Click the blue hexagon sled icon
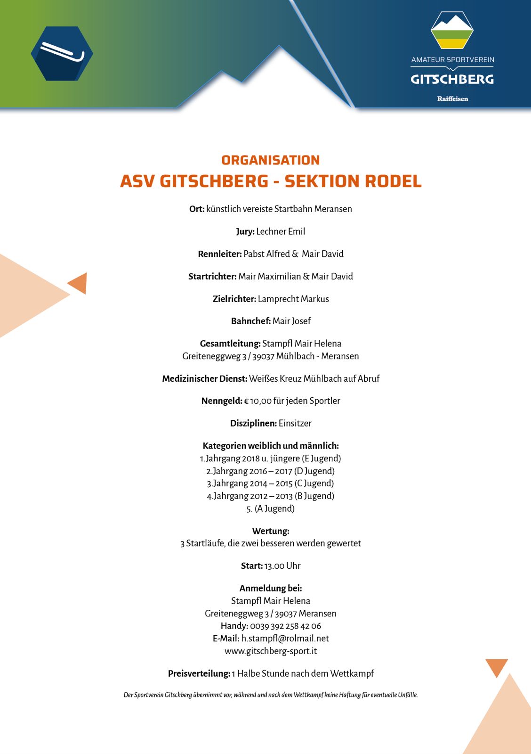point(62,53)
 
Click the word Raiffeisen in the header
point(452,98)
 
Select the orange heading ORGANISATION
point(271,160)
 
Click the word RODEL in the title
point(393,181)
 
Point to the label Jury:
point(245,231)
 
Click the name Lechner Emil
point(281,231)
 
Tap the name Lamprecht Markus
point(293,299)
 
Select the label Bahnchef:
point(251,321)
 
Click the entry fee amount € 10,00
point(257,401)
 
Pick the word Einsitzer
point(295,423)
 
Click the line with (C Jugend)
point(270,484)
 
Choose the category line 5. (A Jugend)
point(271,508)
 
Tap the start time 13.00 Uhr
point(282,566)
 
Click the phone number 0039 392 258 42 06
point(285,626)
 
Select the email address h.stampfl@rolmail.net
point(285,639)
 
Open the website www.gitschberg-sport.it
point(271,651)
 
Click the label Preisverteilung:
point(199,673)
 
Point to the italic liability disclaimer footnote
point(271,695)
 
